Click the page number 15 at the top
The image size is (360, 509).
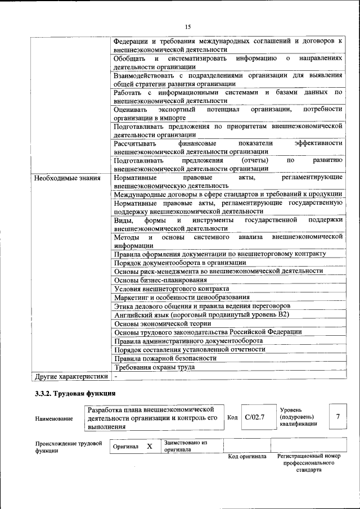coord(188,26)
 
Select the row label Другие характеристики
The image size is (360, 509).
coord(70,376)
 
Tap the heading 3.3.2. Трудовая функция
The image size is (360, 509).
coord(75,394)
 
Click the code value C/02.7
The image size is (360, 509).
coord(254,417)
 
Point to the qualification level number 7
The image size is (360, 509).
coord(337,417)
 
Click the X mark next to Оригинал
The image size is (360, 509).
coord(150,446)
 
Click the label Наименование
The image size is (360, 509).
coord(53,418)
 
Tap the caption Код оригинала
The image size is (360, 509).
coord(247,456)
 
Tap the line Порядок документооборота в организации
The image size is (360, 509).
coord(180,262)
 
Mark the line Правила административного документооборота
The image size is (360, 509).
coord(188,340)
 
